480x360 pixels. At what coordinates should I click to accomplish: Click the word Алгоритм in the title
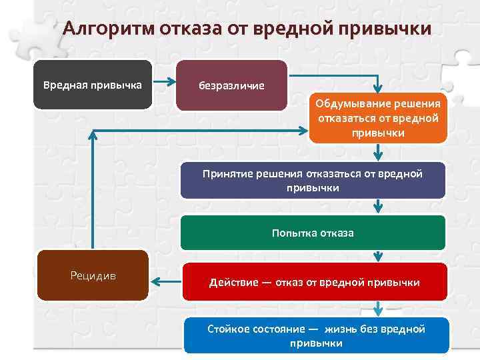coord(107,30)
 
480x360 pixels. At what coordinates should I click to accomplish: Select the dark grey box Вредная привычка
coord(93,85)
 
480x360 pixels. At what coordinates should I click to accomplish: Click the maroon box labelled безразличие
coord(231,85)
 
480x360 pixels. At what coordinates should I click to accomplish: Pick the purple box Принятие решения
coord(313,181)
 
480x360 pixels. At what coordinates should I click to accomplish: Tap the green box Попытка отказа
coord(313,233)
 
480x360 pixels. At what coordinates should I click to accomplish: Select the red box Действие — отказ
coord(315,282)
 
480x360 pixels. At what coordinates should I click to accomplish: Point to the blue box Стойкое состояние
coord(317,335)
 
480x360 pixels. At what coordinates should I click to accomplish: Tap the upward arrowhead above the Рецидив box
coord(93,133)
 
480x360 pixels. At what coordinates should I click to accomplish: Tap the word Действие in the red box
coord(233,283)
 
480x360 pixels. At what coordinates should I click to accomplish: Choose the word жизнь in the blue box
coord(341,329)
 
